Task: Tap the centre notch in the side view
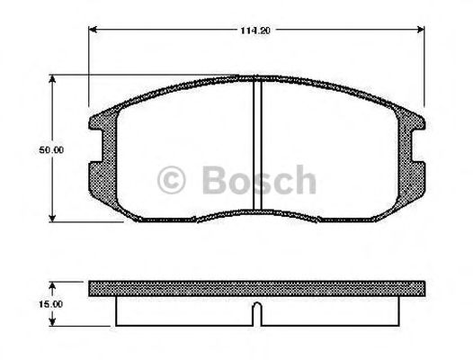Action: pos(256,314)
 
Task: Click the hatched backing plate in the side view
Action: pos(256,288)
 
